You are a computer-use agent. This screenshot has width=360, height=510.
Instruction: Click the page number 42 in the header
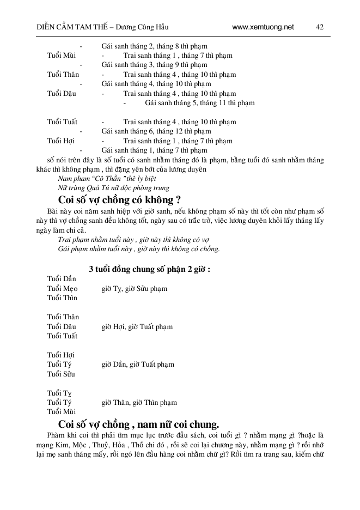pos(320,27)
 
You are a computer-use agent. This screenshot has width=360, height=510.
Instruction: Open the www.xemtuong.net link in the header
pos(263,27)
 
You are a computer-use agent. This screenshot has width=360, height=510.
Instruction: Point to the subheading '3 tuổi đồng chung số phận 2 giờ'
pos(150,269)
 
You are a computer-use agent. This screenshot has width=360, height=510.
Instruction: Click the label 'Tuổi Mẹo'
pos(63,288)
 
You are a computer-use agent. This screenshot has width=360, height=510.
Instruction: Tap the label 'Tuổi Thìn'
pos(62,298)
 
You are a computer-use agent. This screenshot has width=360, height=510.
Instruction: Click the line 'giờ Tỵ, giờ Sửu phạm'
pos(135,288)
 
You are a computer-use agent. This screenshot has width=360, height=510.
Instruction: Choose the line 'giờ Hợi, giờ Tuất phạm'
pos(137,326)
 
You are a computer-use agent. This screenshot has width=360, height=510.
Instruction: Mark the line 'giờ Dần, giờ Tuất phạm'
pos(138,365)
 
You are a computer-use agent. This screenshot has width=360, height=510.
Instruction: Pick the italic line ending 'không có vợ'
pos(133,240)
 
